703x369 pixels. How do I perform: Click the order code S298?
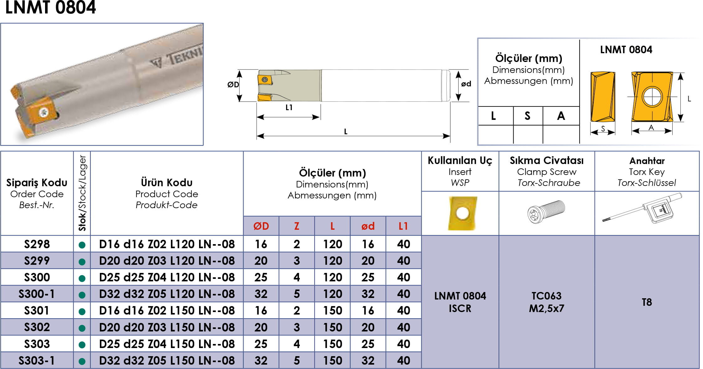37,244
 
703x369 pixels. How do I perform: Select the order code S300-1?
37,294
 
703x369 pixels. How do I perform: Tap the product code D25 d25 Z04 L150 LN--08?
167,344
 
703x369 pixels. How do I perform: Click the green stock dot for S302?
82,328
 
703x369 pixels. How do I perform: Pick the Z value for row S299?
297,261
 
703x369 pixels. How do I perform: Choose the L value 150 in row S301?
332,310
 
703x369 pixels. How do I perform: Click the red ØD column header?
261,226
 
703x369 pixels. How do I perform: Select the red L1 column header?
403,226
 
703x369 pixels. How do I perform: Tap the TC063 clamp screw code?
546,296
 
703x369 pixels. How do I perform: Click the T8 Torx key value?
647,302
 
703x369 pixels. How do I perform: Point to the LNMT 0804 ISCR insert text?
460,302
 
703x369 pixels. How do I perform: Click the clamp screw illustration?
546,212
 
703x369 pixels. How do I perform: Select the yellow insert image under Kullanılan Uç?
463,213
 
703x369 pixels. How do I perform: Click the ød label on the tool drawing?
466,84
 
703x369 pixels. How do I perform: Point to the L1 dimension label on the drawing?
289,107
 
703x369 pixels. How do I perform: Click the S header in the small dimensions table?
527,116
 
